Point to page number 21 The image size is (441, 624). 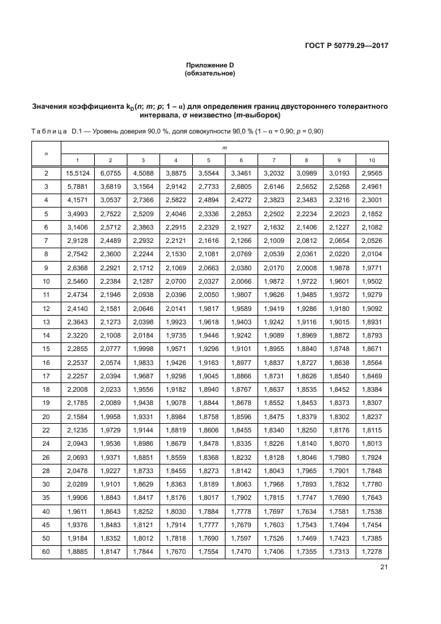coord(384,567)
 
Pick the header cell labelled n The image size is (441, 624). coord(46,153)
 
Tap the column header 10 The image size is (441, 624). coord(372,160)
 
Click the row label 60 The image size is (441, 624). coord(46,551)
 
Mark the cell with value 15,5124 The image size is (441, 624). coord(77,174)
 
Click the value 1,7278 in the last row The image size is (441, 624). coord(372,551)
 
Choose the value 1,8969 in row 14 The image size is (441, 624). coord(306,334)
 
